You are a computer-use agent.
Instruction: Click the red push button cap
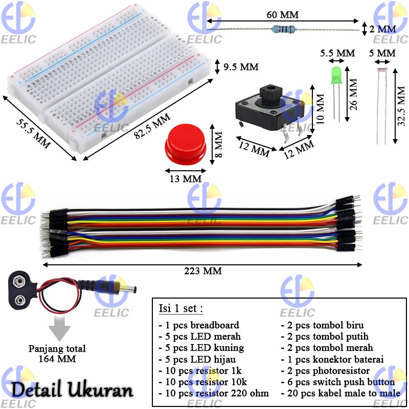point(185,143)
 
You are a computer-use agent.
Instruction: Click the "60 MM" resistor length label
point(282,15)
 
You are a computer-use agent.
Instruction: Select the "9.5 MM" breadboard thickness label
point(241,67)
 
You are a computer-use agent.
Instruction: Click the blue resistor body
point(284,29)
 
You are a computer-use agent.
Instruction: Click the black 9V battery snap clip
point(23,289)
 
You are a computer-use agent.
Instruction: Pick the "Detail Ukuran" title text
point(73,391)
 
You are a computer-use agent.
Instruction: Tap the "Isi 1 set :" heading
point(179,309)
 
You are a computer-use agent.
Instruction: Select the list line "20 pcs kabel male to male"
point(337,394)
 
